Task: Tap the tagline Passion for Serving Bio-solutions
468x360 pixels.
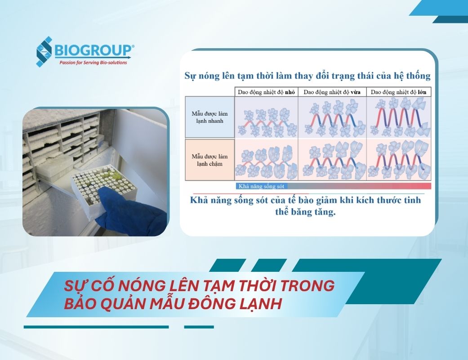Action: click(x=93, y=63)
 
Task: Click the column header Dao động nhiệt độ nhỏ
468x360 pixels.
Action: click(x=266, y=92)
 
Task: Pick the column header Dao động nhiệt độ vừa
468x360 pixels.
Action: click(x=332, y=92)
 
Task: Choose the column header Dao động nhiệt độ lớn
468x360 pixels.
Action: click(x=398, y=92)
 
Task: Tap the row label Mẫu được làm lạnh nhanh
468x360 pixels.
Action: click(x=209, y=117)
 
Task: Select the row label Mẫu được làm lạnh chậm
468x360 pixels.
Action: click(x=209, y=160)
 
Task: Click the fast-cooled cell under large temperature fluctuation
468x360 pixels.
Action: click(x=399, y=117)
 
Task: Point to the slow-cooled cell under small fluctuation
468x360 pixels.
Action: click(x=266, y=160)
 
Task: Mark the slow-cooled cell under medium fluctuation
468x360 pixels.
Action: click(x=332, y=160)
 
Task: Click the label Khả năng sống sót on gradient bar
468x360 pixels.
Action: click(x=261, y=186)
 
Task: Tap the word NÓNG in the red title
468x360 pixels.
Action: click(x=140, y=286)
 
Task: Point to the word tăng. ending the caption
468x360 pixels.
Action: click(x=325, y=212)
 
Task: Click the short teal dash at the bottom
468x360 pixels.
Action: click(x=199, y=327)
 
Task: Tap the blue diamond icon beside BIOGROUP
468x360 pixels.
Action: click(x=44, y=51)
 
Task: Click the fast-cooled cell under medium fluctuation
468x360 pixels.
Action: click(x=332, y=117)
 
